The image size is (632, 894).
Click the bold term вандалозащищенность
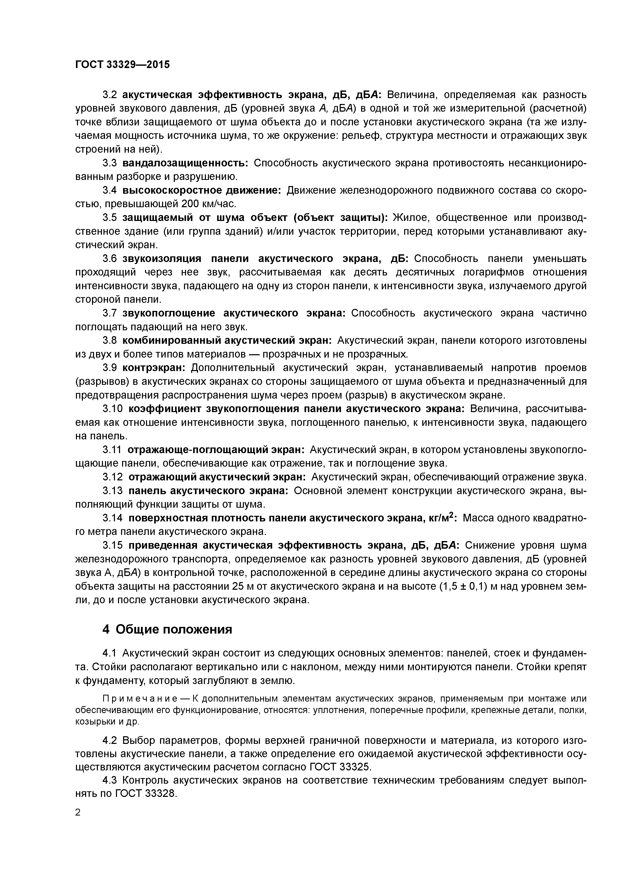[x=185, y=163]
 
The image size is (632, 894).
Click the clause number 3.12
[x=113, y=477]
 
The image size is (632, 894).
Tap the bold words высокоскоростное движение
[x=202, y=190]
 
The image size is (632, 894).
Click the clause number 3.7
[x=110, y=313]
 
